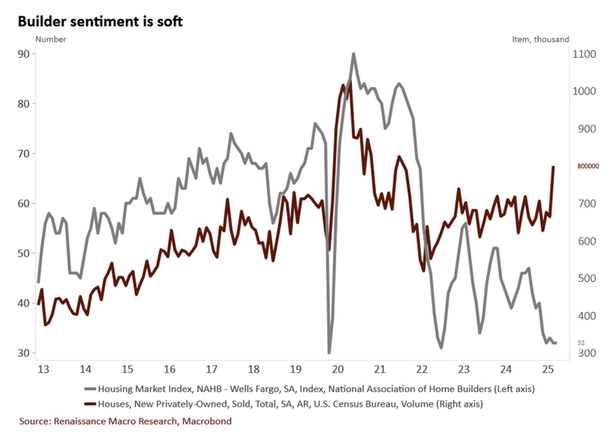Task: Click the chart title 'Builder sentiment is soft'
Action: point(100,21)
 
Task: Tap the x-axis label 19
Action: point(295,369)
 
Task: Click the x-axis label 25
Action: point(548,369)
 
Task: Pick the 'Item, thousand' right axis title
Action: point(540,39)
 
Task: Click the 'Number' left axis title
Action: point(51,39)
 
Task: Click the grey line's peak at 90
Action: point(353,54)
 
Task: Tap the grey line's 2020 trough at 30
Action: point(329,353)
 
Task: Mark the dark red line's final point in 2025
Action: point(554,166)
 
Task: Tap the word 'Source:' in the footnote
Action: point(36,421)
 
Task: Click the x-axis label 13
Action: point(42,369)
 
